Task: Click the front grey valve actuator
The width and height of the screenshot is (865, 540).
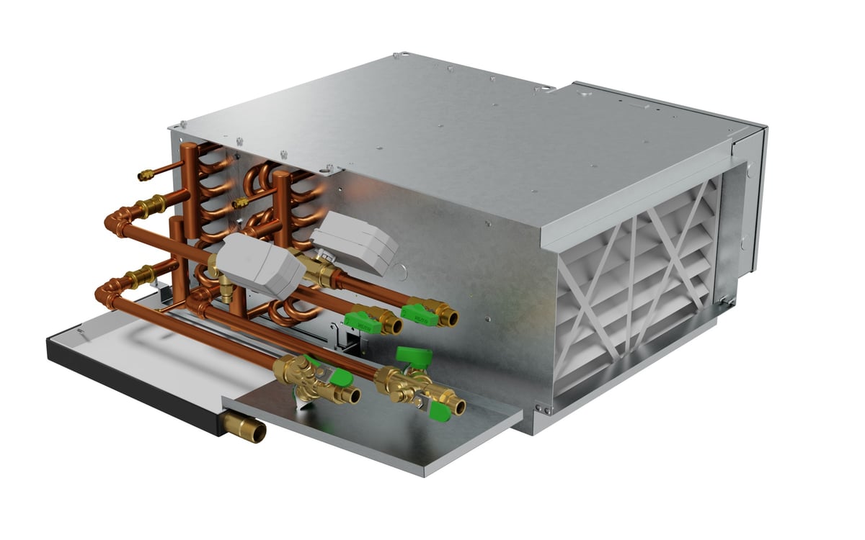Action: pyautogui.click(x=259, y=264)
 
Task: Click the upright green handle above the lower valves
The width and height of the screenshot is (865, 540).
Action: pyautogui.click(x=412, y=355)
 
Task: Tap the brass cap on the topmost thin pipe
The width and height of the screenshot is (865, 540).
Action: pyautogui.click(x=143, y=174)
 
